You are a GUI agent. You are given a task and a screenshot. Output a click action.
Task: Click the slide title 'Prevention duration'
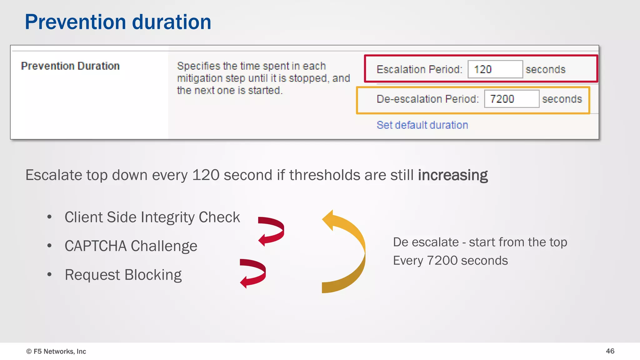point(118,22)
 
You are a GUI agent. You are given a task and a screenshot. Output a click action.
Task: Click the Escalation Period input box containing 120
point(495,69)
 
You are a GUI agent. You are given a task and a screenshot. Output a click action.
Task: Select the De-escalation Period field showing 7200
point(512,99)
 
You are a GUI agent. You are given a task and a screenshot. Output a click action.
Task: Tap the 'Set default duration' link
point(422,125)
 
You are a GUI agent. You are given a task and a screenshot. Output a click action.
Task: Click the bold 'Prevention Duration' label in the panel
point(70,66)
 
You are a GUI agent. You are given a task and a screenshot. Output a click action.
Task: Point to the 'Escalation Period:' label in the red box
point(419,69)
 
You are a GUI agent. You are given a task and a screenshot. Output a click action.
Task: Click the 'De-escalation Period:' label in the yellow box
point(427,99)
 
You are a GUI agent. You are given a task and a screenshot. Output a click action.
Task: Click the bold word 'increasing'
point(453,175)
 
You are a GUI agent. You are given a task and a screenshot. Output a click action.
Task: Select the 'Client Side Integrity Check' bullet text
point(152,217)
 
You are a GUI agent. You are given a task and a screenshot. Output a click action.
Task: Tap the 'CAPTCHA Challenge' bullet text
point(131,246)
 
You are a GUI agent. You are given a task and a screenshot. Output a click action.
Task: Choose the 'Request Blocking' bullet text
point(123,275)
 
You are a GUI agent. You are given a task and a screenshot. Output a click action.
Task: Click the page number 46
point(610,351)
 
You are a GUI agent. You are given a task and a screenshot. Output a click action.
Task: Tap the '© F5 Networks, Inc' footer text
point(56,352)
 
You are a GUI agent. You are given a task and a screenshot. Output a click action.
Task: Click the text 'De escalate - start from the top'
point(480,242)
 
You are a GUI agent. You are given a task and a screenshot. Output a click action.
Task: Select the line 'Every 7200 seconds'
point(450,261)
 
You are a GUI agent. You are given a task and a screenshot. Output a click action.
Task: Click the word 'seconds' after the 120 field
point(545,69)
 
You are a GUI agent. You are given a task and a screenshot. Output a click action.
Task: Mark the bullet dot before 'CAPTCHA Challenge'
point(49,246)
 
